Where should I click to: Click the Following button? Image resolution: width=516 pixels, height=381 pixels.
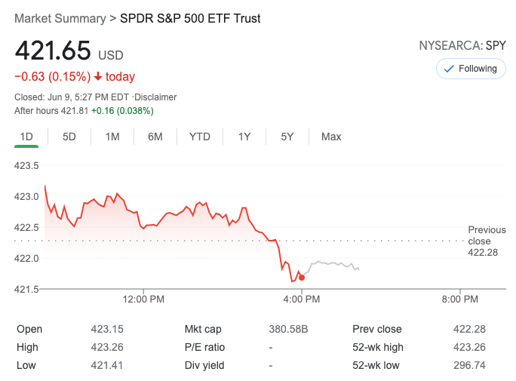pos(471,69)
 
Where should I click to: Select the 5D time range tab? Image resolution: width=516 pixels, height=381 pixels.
pos(69,137)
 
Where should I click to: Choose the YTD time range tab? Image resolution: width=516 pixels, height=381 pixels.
pos(200,137)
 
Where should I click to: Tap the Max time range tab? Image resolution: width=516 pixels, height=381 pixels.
pos(331,137)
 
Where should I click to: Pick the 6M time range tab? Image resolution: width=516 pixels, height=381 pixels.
pos(155,137)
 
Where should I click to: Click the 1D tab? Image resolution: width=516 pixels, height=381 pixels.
pos(26,137)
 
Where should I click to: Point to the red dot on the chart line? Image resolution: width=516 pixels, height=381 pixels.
pos(302,278)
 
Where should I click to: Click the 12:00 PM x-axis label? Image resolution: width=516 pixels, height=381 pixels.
pos(143,300)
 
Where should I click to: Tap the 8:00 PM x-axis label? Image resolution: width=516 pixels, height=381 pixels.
pos(459,300)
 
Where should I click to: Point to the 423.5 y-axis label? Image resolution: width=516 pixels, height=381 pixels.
pos(27,165)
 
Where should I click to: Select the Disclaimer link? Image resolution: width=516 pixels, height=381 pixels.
pos(155,97)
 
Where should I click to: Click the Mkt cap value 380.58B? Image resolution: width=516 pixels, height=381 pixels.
pos(289,329)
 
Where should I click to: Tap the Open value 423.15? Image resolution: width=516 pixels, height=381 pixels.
pos(107,329)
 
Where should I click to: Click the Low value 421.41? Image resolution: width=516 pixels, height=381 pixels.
pos(107,365)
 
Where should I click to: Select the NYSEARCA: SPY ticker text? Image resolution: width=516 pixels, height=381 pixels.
pos(462,45)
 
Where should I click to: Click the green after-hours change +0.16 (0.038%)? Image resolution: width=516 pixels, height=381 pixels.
pos(122,110)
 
